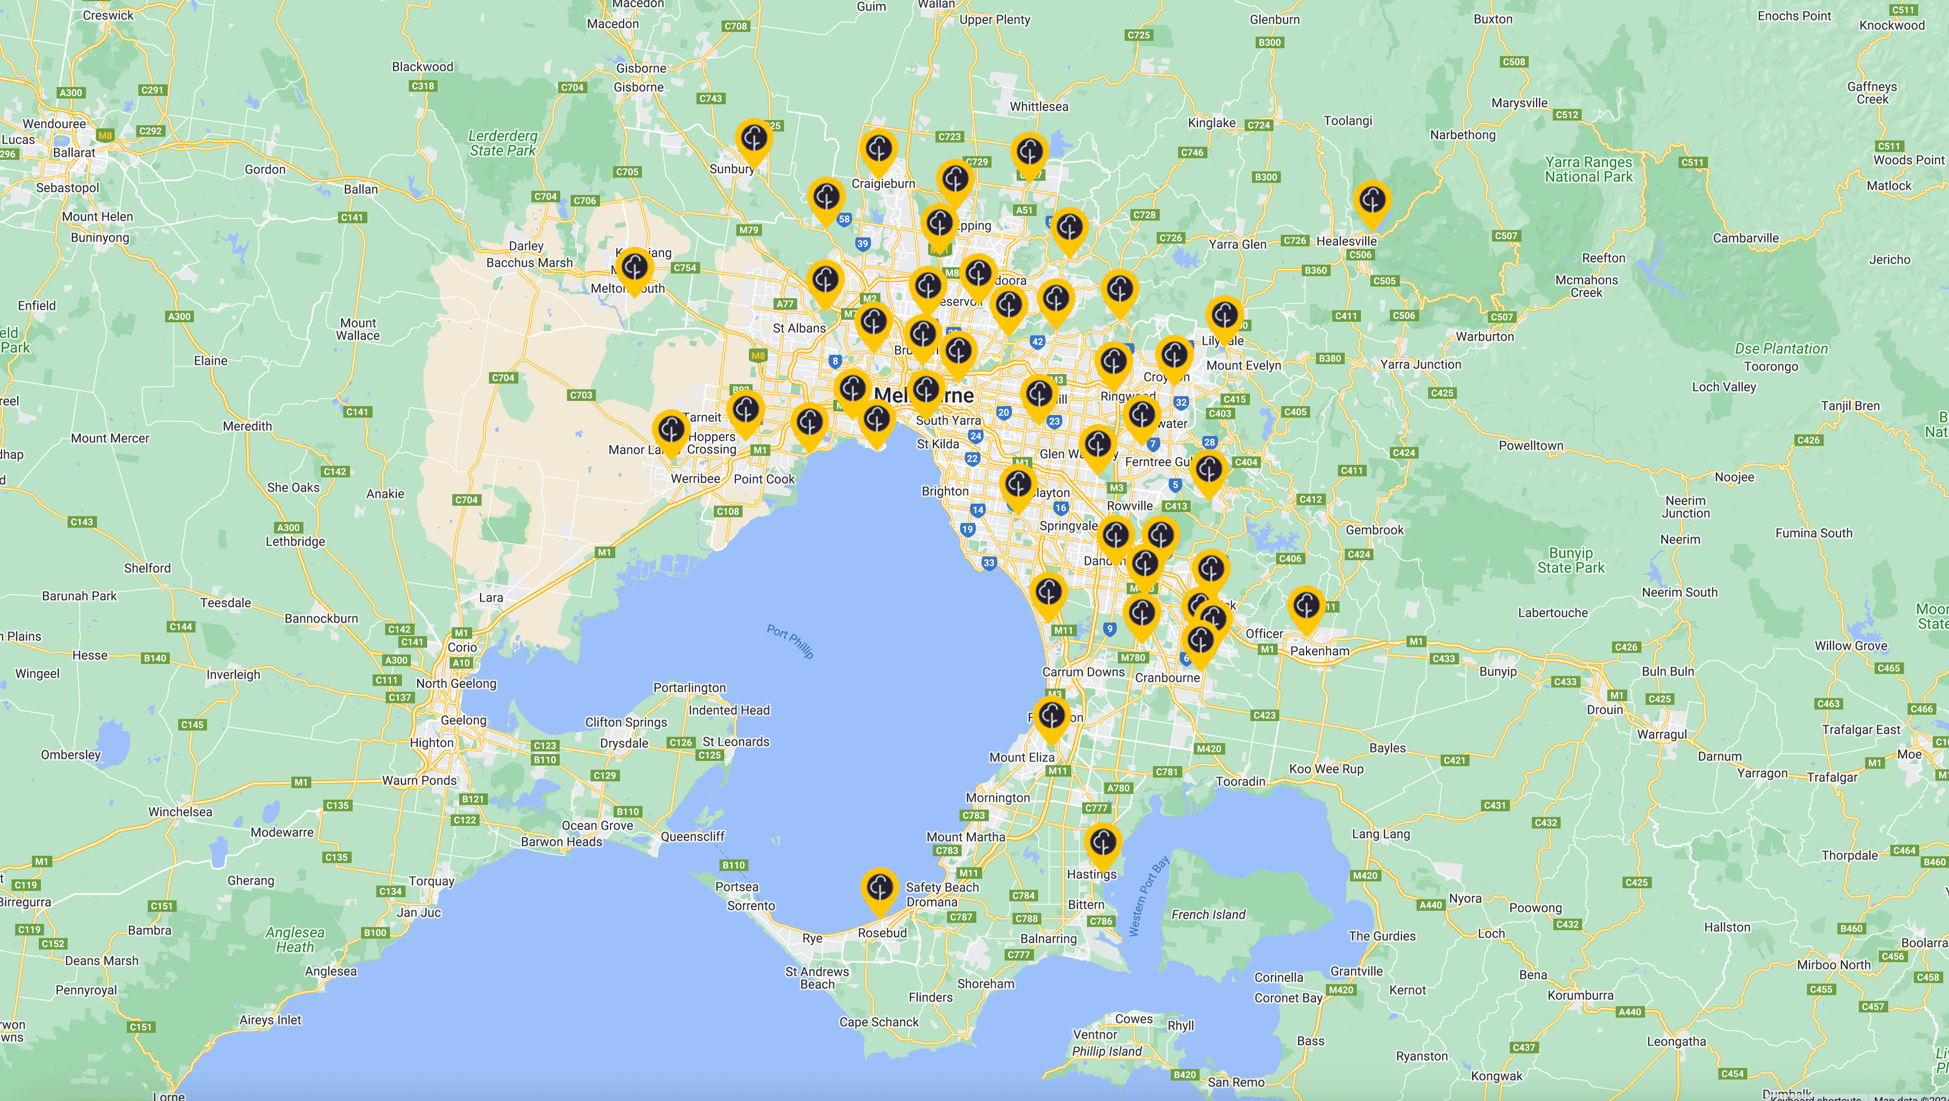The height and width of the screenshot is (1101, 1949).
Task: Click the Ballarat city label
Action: (x=74, y=152)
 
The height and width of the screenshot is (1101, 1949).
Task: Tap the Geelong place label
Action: (x=463, y=720)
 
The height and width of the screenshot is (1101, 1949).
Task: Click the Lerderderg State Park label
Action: (x=503, y=143)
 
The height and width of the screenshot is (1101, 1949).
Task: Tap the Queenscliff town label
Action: (x=692, y=836)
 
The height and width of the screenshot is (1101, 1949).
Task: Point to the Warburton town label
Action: (x=1485, y=336)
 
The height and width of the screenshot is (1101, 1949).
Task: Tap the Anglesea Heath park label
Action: (x=295, y=939)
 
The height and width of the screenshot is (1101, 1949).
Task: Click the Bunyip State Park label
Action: (x=1570, y=560)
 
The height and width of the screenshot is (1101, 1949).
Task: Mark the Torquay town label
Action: (x=431, y=881)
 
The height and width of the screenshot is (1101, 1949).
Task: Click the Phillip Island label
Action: (x=1106, y=1051)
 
